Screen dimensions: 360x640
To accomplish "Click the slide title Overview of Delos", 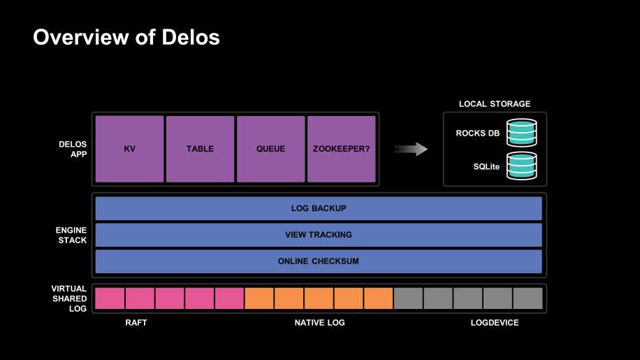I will point(126,37).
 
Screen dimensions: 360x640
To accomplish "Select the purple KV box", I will point(129,149).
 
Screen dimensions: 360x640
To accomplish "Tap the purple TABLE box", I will point(200,149).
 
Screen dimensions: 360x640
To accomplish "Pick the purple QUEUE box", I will point(270,149).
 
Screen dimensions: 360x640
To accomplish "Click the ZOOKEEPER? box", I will point(341,149).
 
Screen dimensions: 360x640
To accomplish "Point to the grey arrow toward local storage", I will point(411,148).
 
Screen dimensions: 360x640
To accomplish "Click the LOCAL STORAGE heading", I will point(494,103).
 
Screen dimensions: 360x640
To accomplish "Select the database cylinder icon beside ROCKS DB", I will point(522,133).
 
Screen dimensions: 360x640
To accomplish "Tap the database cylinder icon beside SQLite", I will point(522,166).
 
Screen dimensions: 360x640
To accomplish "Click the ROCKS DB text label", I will point(477,134).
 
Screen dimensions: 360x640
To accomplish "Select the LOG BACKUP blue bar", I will point(319,208).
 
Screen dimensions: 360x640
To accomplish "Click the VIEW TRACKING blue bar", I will point(319,235).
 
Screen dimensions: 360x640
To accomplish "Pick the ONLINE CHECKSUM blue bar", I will point(319,261).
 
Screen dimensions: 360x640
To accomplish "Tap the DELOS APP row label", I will point(73,149).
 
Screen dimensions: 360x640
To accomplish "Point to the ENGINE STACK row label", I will point(71,235).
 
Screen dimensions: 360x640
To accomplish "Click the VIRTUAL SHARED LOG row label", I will point(69,298).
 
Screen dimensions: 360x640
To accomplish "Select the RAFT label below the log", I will point(136,323).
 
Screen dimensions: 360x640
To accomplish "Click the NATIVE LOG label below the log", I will point(319,323).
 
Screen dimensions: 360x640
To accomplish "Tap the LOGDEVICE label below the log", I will point(495,323).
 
